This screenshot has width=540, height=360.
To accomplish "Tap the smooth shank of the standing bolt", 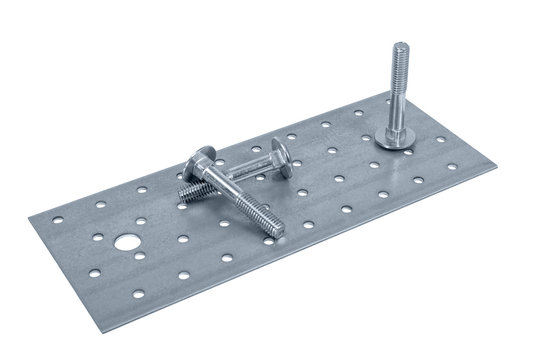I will pyautogui.click(x=397, y=100).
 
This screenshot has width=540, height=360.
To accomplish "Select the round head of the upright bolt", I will pyautogui.click(x=394, y=140).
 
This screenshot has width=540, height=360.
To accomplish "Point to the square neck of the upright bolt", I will pyautogui.click(x=396, y=126).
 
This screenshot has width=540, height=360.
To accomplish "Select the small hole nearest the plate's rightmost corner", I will pyautogui.click(x=452, y=166).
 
